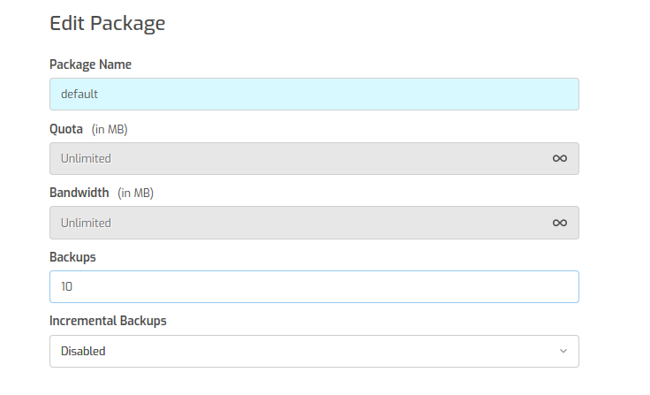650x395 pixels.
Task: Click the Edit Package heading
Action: point(108,23)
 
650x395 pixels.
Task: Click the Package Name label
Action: point(90,65)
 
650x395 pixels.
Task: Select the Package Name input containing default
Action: point(314,95)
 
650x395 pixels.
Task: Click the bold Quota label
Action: point(66,129)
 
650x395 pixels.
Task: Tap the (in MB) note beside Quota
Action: point(110,129)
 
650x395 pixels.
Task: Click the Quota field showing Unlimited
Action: point(314,158)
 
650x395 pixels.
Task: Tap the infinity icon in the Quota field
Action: point(560,158)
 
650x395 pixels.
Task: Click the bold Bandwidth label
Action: point(79,193)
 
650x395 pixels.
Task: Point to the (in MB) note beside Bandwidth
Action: point(135,194)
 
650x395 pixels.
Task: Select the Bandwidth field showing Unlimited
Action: point(314,223)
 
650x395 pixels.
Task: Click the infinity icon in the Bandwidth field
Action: point(560,223)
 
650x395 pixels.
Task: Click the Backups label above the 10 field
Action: point(72,257)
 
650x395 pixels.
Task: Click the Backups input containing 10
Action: point(314,286)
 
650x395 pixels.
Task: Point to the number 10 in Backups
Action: point(67,286)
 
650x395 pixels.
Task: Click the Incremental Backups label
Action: point(108,321)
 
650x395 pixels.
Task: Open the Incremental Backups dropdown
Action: point(314,352)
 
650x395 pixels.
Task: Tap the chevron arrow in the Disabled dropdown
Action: point(563,351)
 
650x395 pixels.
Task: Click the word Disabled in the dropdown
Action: point(83,352)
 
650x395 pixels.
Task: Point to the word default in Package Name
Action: point(79,95)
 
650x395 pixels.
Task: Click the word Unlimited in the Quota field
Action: point(86,158)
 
